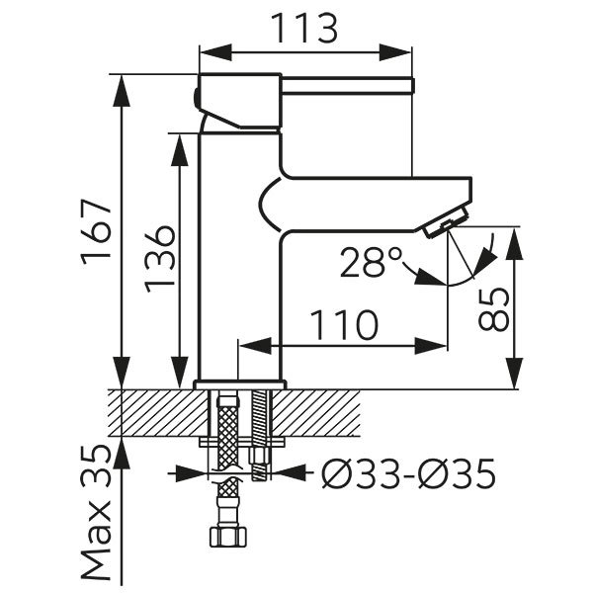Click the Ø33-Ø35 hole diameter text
pos(408,475)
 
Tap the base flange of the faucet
pos(240,384)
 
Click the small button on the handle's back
pos(196,98)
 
